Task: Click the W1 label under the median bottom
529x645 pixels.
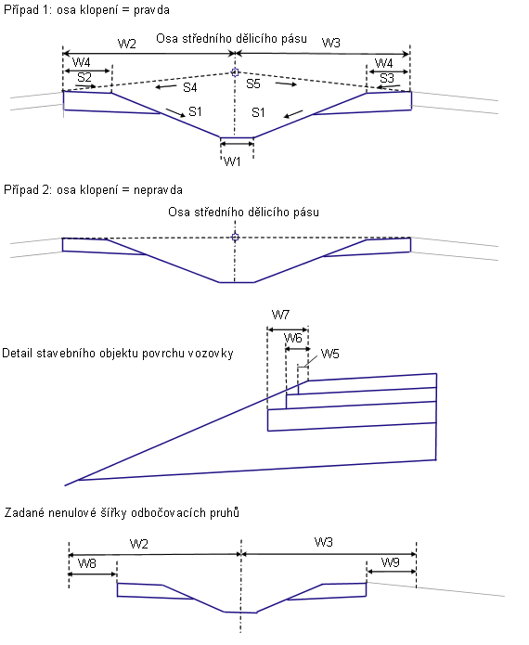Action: coord(232,161)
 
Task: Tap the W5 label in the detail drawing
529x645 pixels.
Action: coord(329,354)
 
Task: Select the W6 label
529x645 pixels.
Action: coord(293,338)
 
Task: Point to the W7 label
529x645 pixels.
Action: coord(280,316)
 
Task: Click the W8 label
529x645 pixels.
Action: coord(87,563)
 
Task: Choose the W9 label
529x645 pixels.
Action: coord(391,562)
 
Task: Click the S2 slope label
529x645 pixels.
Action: coord(84,77)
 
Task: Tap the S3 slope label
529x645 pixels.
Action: coord(387,78)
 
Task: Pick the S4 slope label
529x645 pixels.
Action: coord(190,87)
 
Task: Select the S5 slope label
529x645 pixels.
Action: coord(253,84)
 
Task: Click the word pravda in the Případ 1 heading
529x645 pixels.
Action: coord(151,10)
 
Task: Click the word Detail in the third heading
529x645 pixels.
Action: coord(18,354)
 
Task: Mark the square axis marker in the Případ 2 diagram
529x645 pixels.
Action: coord(236,237)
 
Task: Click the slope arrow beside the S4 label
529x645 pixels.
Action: coord(166,86)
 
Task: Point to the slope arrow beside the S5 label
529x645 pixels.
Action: coord(286,84)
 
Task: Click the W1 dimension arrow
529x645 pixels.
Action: coord(237,144)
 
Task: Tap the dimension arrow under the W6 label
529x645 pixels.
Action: coord(298,349)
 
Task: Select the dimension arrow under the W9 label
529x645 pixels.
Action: coord(392,572)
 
